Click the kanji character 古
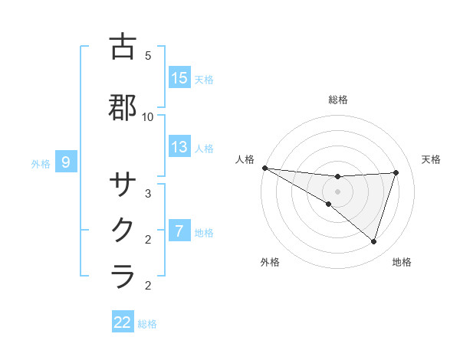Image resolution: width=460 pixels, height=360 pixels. pos(123,47)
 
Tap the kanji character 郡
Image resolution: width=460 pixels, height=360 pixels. pos(123,106)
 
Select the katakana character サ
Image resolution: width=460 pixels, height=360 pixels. pos(123,185)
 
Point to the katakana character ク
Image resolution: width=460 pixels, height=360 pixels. pos(123,229)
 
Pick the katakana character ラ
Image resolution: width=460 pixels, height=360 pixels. pos(123,275)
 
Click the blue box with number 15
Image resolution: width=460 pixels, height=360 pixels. pos(179,78)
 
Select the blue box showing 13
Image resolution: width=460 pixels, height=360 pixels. pos(179,148)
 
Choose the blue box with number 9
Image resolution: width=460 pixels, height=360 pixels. pos(67,162)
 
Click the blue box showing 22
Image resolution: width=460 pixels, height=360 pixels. pos(123,322)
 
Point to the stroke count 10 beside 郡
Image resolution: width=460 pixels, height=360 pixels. pos(148,116)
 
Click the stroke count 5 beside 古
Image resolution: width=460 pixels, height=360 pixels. pos(148,56)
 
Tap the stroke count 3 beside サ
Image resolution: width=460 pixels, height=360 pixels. pos(148,194)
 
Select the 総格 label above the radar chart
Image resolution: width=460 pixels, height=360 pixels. pos(338,100)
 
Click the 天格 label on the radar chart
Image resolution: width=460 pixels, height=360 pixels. pos(432,159)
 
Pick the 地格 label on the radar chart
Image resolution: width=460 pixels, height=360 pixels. pos(402,263)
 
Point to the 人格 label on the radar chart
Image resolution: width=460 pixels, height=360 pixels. pos(245,159)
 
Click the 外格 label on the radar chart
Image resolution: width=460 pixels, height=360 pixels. pos(270,263)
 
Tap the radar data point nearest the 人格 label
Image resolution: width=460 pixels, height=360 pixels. pos(264,167)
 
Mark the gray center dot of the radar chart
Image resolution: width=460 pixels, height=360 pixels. pos(338,191)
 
